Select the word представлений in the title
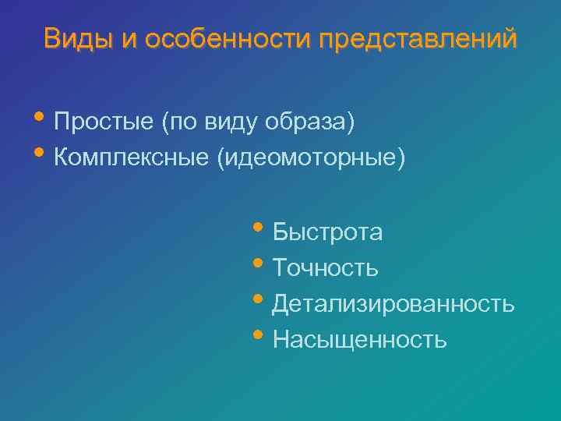pyautogui.click(x=417, y=38)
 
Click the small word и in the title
pyautogui.click(x=129, y=38)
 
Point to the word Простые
pyautogui.click(x=104, y=122)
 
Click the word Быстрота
pyautogui.click(x=327, y=232)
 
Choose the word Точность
pyautogui.click(x=325, y=268)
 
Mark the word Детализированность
pyautogui.click(x=393, y=303)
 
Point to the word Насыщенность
pyautogui.click(x=359, y=339)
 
